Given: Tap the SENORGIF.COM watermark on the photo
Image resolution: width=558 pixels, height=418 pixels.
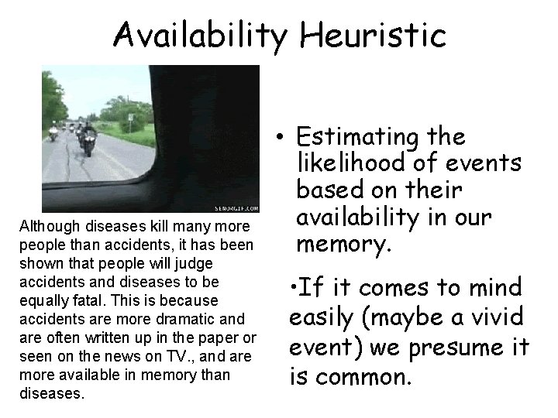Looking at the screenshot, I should [x=235, y=207].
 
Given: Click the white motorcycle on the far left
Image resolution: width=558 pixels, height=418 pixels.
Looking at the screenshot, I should [x=53, y=132].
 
